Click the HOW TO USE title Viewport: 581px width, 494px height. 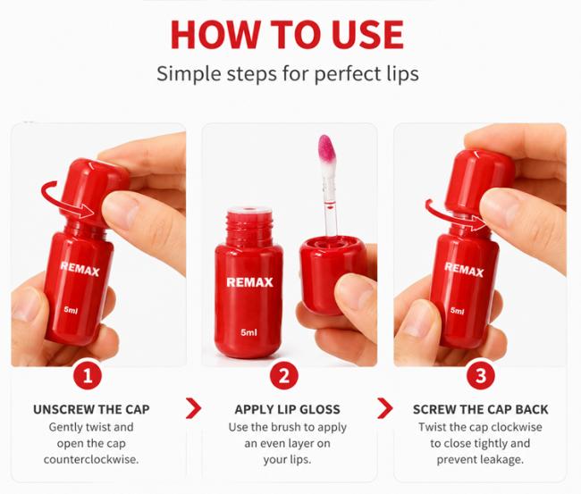(x=287, y=34)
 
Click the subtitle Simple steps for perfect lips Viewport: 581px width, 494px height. (x=288, y=73)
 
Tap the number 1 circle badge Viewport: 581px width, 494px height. (x=88, y=375)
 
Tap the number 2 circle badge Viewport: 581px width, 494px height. (x=284, y=375)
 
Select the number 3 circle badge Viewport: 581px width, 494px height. (x=481, y=375)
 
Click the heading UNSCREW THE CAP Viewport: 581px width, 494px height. (x=91, y=409)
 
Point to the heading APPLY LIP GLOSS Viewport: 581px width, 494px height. (x=287, y=409)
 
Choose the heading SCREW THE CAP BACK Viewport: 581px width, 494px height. (x=480, y=409)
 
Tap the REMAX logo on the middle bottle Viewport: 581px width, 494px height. (x=249, y=282)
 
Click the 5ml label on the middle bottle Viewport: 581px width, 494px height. (x=248, y=332)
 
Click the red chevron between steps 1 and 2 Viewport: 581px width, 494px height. (x=193, y=408)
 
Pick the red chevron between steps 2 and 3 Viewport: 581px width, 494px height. (x=385, y=408)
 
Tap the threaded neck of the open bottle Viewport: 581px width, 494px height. (x=249, y=227)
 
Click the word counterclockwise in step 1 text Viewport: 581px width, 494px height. (x=91, y=460)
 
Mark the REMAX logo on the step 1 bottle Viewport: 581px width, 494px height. (x=80, y=269)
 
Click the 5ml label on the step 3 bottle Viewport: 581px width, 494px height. (x=458, y=310)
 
